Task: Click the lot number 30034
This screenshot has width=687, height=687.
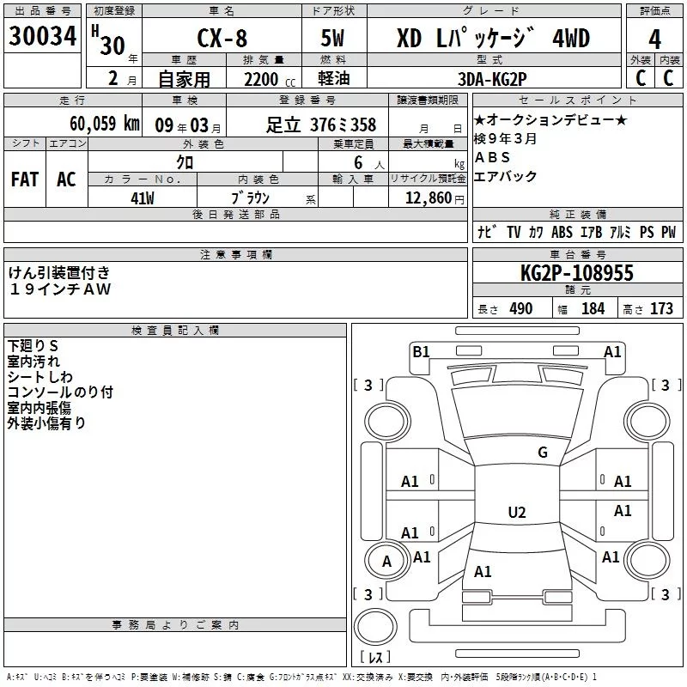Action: tap(42, 36)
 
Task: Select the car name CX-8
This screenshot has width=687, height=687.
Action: tap(222, 38)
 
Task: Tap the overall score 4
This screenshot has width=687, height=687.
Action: tap(654, 40)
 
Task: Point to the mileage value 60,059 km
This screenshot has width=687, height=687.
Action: tap(105, 124)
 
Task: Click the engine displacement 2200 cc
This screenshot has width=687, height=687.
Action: tap(270, 79)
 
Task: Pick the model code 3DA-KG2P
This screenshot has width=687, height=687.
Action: tap(492, 79)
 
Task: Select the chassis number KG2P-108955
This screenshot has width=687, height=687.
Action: tap(576, 273)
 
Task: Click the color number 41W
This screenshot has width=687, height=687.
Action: tap(143, 198)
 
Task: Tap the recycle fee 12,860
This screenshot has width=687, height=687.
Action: tap(429, 198)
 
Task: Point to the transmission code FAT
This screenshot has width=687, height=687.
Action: tap(25, 179)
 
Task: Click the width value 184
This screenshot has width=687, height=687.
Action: tap(593, 308)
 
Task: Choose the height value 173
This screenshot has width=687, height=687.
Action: tap(661, 308)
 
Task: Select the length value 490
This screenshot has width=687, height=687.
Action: tap(521, 308)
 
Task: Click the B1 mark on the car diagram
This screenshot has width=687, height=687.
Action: tap(421, 351)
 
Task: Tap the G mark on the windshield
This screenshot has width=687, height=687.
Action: tap(543, 452)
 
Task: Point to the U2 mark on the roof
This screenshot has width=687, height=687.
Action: tap(517, 512)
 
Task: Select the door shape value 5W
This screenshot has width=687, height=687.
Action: tap(332, 38)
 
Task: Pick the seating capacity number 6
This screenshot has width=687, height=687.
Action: tap(358, 162)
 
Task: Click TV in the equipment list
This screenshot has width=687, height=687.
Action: tap(514, 232)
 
